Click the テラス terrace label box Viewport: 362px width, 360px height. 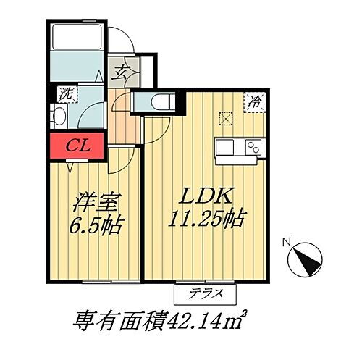coord(206,294)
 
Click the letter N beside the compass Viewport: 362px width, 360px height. coord(285,243)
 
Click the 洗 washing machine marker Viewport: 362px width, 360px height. coord(66,93)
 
